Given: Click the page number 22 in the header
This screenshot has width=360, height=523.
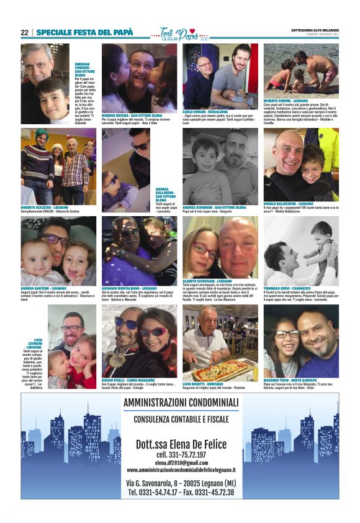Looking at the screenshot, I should pyautogui.click(x=24, y=32).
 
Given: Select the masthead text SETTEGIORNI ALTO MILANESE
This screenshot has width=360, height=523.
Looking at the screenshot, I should pyautogui.click(x=314, y=30).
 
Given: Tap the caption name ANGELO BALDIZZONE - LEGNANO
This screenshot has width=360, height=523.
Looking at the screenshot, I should pyautogui.click(x=289, y=203).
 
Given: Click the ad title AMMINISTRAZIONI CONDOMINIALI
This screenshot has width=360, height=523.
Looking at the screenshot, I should pyautogui.click(x=180, y=404).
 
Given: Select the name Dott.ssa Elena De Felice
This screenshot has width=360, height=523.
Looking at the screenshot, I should pyautogui.click(x=180, y=443).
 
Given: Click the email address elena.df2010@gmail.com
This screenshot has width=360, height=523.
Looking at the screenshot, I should pyautogui.click(x=180, y=462).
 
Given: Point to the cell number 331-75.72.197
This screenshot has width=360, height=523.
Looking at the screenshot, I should pyautogui.click(x=180, y=455).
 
